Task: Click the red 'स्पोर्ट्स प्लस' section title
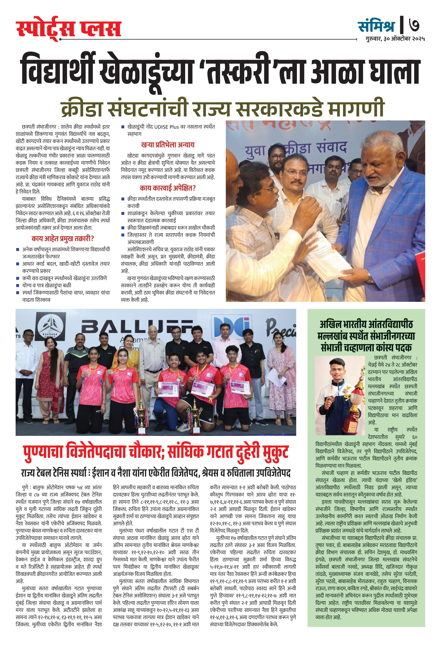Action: click(69, 29)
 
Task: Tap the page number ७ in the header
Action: click(414, 25)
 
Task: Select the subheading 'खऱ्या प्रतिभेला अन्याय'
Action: click(168, 145)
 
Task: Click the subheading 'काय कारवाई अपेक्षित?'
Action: click(168, 188)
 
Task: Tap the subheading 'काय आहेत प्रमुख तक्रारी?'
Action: click(63, 239)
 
